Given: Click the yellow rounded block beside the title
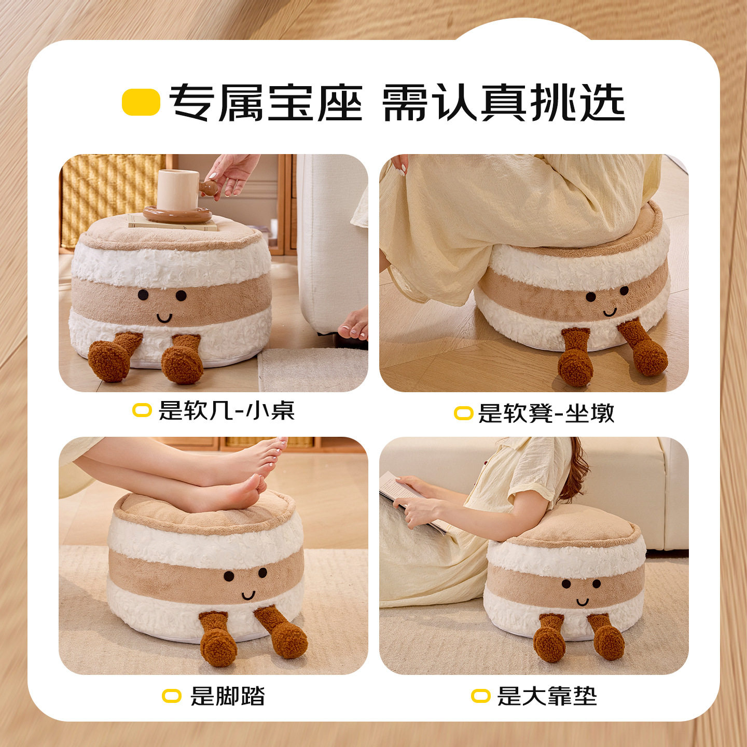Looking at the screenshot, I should click(x=141, y=102).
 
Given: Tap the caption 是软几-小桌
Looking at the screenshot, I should click(x=226, y=410).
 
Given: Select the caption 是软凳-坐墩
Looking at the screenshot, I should click(x=546, y=413).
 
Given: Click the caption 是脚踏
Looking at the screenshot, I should click(x=227, y=696).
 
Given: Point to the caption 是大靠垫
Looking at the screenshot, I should click(x=547, y=696).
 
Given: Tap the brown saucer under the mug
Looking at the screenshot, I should click(x=177, y=214).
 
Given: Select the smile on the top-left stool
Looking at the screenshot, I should click(x=164, y=317).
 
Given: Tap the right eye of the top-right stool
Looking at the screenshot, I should click(x=624, y=290).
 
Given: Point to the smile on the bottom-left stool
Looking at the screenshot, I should click(x=248, y=594).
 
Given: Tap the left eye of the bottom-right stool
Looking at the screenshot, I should click(x=566, y=584).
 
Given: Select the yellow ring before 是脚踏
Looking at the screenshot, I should click(x=172, y=696).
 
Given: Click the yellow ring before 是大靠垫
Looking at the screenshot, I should click(x=480, y=696).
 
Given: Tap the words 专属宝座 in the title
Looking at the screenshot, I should click(x=266, y=102).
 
